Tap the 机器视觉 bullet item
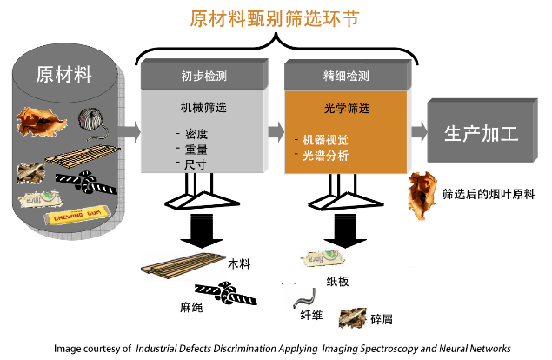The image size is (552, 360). (x=327, y=139)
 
